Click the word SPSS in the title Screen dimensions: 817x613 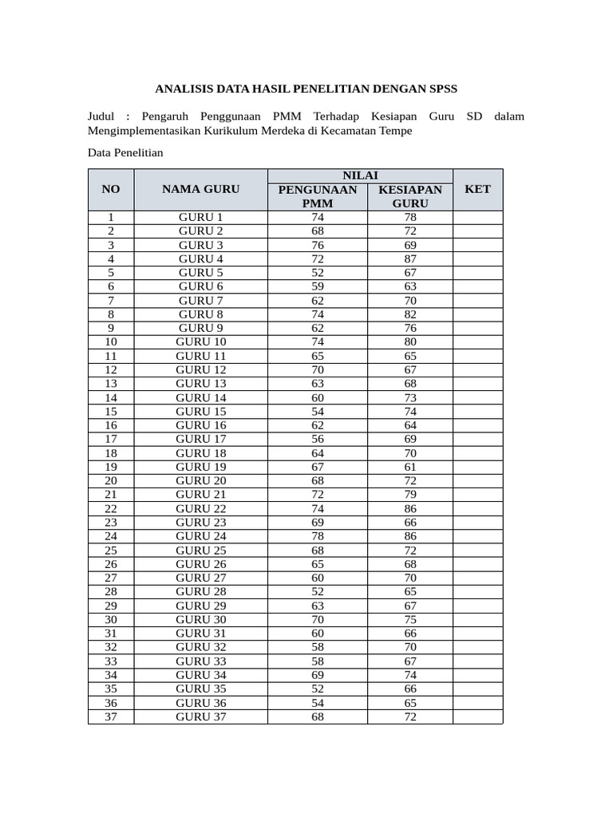[441, 89]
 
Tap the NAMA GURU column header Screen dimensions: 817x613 [200, 189]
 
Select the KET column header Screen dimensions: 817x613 [477, 189]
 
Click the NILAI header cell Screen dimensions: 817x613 [360, 176]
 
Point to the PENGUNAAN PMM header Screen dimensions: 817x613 [317, 196]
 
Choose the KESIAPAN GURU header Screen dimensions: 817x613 [410, 196]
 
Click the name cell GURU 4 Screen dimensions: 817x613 [200, 259]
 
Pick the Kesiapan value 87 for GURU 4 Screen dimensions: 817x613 [410, 259]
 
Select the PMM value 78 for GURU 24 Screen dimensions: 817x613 [317, 536]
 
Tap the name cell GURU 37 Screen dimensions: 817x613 [200, 716]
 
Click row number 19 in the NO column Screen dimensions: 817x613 [111, 467]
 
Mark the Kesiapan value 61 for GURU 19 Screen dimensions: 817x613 [410, 467]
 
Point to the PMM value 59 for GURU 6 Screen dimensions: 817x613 [317, 286]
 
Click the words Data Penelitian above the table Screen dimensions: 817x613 [125, 152]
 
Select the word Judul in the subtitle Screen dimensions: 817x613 [102, 116]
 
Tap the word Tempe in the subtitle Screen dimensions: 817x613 [397, 131]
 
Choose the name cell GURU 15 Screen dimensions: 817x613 [200, 411]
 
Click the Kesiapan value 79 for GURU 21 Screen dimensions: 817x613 [410, 495]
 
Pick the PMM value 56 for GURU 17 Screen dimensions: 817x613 [317, 439]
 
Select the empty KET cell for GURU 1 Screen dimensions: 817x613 [477, 217]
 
